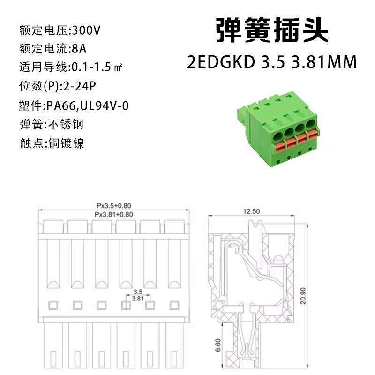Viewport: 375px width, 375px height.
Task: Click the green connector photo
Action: [x=277, y=129]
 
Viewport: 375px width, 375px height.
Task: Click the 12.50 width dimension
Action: [x=251, y=211]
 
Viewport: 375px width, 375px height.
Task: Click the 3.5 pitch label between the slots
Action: [x=138, y=291]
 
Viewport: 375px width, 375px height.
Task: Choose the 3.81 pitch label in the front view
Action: [x=138, y=298]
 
